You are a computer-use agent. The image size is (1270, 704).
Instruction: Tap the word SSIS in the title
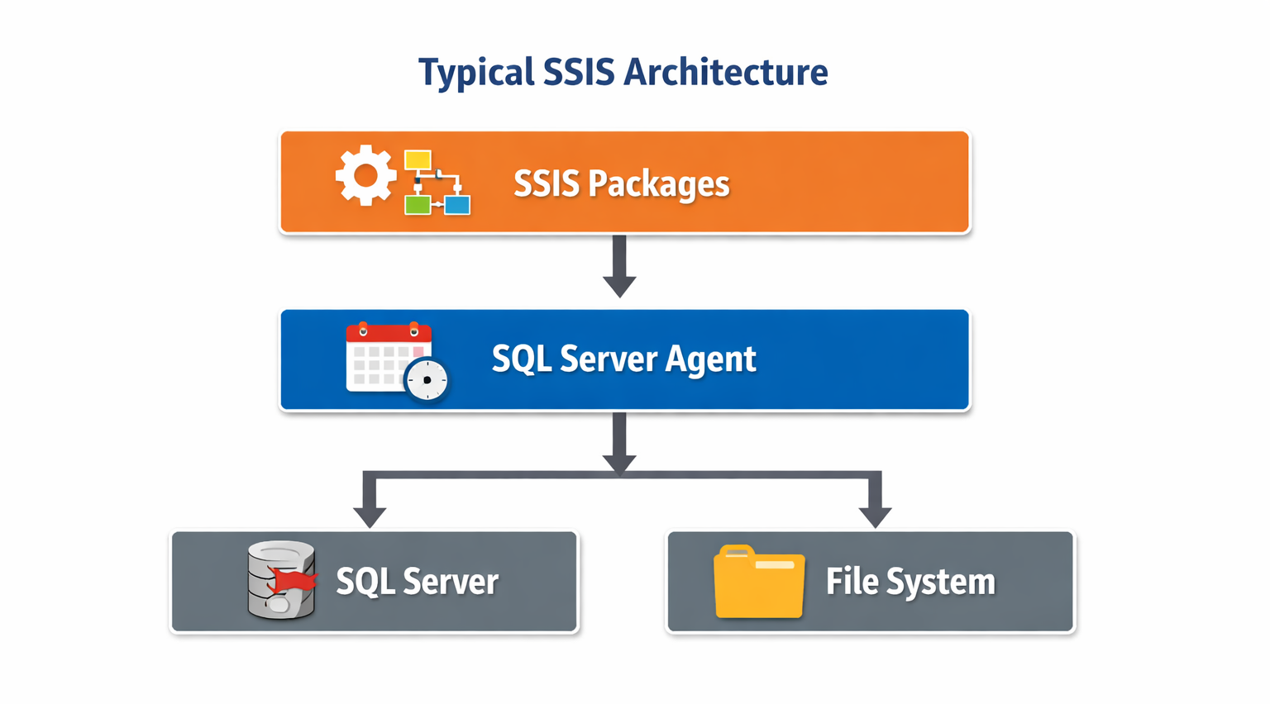pyautogui.click(x=579, y=73)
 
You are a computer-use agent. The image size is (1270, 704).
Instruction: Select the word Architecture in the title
pyautogui.click(x=725, y=73)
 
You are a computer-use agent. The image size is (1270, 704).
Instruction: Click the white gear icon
pyautogui.click(x=365, y=175)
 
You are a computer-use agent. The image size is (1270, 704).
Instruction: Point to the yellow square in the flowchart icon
pyautogui.click(x=418, y=160)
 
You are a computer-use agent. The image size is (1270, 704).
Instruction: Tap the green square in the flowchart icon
pyautogui.click(x=418, y=204)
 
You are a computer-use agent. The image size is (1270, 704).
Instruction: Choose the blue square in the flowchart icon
pyautogui.click(x=457, y=204)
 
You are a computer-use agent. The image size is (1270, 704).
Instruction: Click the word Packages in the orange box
pyautogui.click(x=658, y=184)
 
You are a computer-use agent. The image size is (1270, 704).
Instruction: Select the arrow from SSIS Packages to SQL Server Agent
pyautogui.click(x=619, y=266)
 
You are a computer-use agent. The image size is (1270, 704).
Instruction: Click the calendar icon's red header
pyautogui.click(x=389, y=333)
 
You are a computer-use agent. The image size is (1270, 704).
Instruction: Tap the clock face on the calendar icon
pyautogui.click(x=427, y=380)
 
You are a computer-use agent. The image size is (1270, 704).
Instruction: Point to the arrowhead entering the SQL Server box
pyautogui.click(x=370, y=516)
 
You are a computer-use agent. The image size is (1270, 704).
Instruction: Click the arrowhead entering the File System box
pyautogui.click(x=875, y=516)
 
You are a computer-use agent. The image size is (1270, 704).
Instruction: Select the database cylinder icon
pyautogui.click(x=281, y=580)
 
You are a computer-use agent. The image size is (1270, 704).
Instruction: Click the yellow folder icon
pyautogui.click(x=759, y=583)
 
